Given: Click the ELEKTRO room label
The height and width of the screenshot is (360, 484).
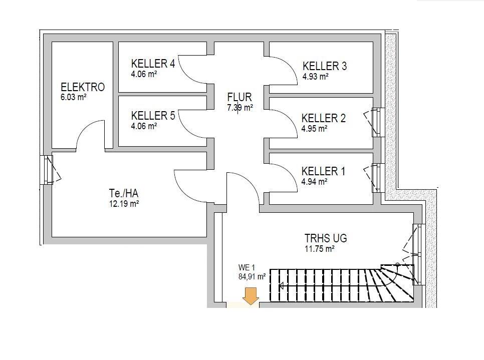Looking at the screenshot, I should click(83, 87).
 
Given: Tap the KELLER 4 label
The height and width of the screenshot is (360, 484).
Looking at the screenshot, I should click(153, 64).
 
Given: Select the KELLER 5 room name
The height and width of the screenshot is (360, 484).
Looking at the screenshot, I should click(153, 116).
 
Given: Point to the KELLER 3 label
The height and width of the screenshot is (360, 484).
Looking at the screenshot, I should click(324, 66).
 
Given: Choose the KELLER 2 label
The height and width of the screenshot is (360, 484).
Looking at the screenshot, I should click(323, 118).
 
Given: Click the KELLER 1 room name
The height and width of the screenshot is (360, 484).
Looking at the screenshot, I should click(323, 171).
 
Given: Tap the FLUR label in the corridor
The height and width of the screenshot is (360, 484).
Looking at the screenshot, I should click(239, 97).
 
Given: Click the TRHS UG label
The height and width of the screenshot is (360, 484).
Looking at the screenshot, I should click(326, 238).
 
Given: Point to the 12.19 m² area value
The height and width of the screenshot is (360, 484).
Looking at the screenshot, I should click(124, 204).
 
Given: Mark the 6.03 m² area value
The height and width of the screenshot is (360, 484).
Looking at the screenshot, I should click(74, 98).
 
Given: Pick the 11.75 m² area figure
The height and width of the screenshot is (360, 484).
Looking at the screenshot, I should click(319, 248).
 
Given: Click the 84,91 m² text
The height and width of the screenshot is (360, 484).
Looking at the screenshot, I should click(252, 275).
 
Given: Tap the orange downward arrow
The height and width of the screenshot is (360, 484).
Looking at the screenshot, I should click(250, 295).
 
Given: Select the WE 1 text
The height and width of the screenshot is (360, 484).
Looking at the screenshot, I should click(247, 267).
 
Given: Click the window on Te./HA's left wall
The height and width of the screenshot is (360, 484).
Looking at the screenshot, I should click(48, 169).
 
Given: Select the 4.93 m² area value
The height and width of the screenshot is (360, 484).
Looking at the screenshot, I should click(315, 77).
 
